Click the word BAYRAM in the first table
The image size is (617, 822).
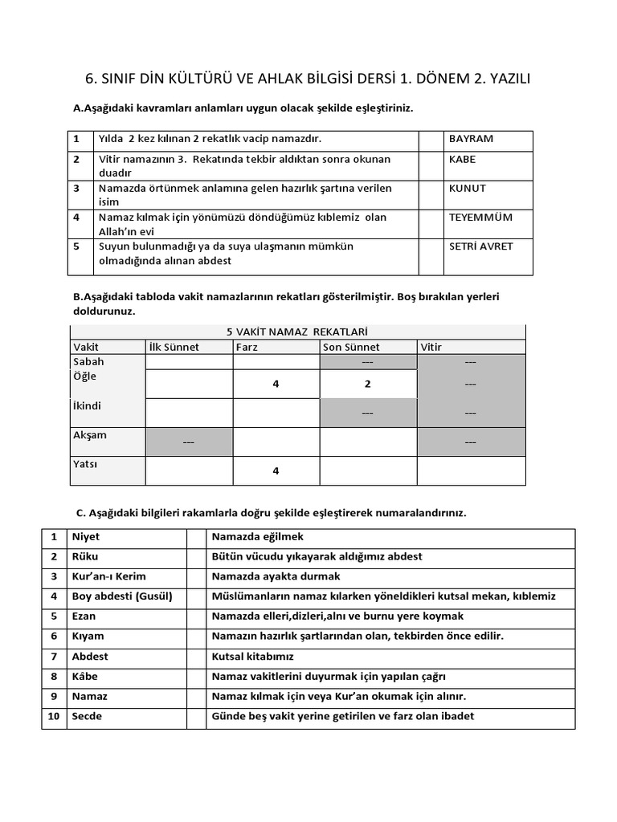pos(471,139)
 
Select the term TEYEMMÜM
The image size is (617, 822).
pos(480,217)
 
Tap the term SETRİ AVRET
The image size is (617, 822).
pos(480,246)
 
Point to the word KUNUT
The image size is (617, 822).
pos(468,188)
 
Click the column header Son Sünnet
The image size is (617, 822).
pos(351,347)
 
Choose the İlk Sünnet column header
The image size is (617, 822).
pos(174,347)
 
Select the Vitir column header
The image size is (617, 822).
pos(431,347)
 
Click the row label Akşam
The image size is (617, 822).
pos(90,435)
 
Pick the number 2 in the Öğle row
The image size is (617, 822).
pos(367,385)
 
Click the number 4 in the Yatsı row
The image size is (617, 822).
pos(276,471)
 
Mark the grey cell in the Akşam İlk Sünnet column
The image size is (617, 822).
pos(189,442)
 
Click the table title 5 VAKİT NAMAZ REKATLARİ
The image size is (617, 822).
pos(298,332)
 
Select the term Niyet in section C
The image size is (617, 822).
pos(86,536)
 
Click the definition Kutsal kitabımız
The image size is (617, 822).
pos(253,657)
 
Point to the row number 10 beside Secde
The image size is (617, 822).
pos(54,716)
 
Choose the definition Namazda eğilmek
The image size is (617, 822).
pos(258,536)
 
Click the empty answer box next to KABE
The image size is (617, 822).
pos(431,165)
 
